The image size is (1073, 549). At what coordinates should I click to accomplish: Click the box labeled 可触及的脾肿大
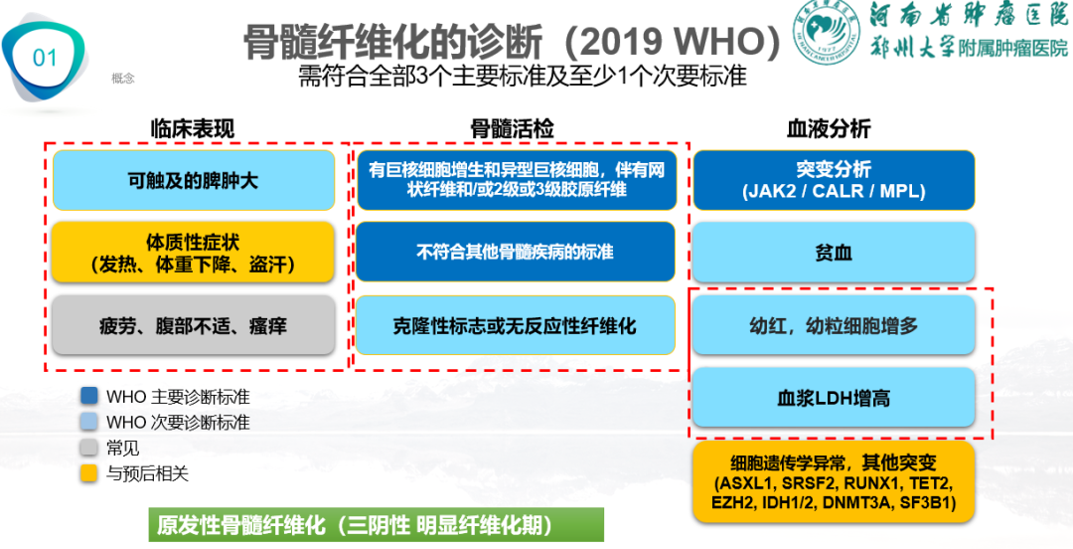click(x=194, y=180)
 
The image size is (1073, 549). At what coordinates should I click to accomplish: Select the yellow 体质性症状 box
click(x=194, y=253)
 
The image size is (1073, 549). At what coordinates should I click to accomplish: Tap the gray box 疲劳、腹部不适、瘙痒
click(x=194, y=325)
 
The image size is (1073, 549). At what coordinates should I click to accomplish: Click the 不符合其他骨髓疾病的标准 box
click(x=515, y=252)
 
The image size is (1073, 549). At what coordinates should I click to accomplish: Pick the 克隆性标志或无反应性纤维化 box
click(x=515, y=325)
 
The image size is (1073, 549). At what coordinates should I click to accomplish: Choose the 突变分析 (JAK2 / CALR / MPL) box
click(x=834, y=180)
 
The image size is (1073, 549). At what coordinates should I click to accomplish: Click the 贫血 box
click(x=834, y=253)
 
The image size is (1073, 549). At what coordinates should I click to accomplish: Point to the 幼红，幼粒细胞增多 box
click(x=834, y=325)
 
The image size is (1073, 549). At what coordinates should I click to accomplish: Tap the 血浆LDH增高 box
click(x=834, y=398)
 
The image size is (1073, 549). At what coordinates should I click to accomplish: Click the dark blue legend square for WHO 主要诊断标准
click(x=89, y=396)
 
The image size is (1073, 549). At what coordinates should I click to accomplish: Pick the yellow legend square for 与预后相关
click(x=89, y=473)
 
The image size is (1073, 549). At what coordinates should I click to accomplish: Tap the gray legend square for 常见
click(x=89, y=448)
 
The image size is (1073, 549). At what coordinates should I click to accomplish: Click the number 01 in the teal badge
click(x=46, y=58)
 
